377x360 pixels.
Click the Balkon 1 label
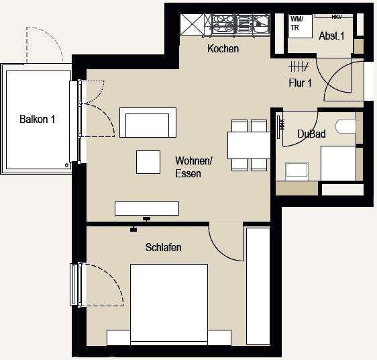tap(37, 120)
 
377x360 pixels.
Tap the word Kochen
tap(223, 49)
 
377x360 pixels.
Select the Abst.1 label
tap(331, 36)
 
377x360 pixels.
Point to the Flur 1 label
tap(300, 83)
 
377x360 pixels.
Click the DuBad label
tap(311, 134)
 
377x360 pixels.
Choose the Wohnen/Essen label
tap(194, 167)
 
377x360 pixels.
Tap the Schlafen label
tap(164, 247)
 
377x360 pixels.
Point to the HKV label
tap(337, 16)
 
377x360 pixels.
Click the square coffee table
tap(148, 162)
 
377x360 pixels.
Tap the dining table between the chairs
tap(249, 144)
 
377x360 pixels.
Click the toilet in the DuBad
tap(346, 128)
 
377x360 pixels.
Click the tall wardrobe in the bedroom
tap(258, 287)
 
